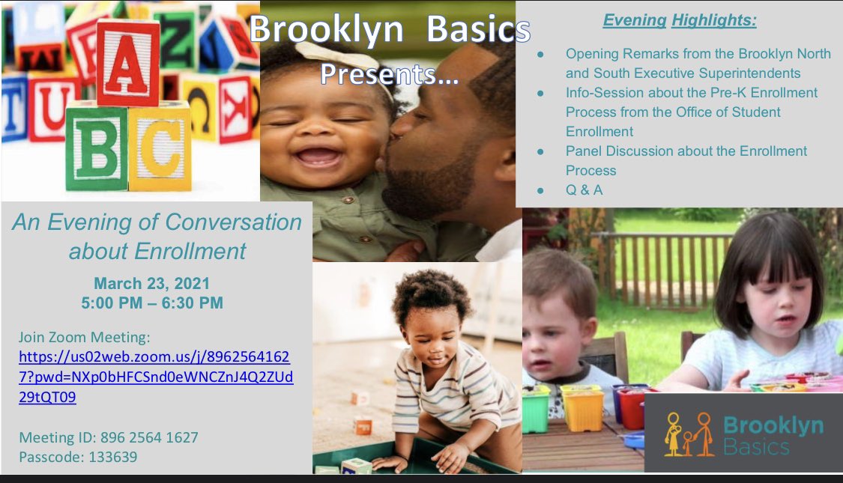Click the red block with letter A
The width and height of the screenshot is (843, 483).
pyautogui.click(x=127, y=63)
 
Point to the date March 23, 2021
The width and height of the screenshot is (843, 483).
pyautogui.click(x=152, y=284)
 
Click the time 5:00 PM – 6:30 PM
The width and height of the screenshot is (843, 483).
pyautogui.click(x=152, y=303)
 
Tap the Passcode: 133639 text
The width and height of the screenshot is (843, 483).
pyautogui.click(x=78, y=457)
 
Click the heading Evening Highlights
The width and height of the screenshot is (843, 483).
pyautogui.click(x=680, y=21)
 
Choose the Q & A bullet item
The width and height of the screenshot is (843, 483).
pyautogui.click(x=584, y=189)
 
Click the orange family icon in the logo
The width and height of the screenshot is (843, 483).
pyautogui.click(x=689, y=434)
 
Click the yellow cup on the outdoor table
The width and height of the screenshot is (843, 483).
pyautogui.click(x=582, y=408)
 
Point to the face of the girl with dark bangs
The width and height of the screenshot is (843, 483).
pyautogui.click(x=768, y=308)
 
